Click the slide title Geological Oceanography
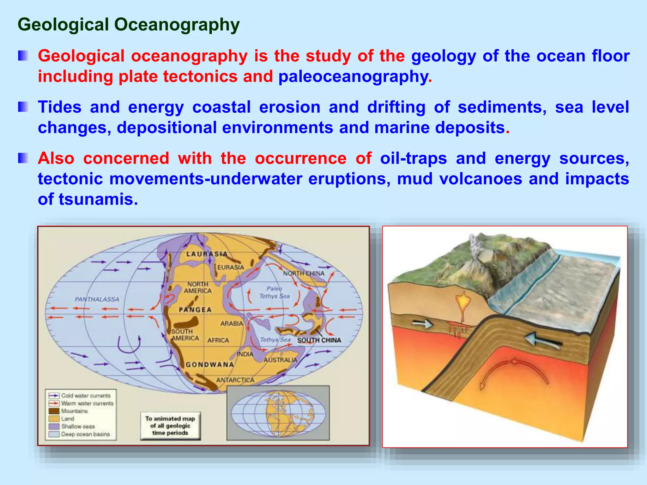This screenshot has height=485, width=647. click(x=129, y=25)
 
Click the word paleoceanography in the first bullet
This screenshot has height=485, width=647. click(x=353, y=77)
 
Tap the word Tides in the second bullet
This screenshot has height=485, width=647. click(x=60, y=107)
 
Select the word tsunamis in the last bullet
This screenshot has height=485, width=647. click(x=98, y=199)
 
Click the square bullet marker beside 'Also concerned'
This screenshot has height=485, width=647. click(x=23, y=158)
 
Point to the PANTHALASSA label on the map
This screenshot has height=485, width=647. click(x=97, y=299)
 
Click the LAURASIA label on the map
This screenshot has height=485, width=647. click(x=207, y=254)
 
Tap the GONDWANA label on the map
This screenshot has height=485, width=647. click(x=210, y=365)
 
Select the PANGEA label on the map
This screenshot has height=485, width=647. click(x=195, y=310)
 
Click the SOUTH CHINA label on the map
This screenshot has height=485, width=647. click(x=319, y=340)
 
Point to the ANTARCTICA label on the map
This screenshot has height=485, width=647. click(x=235, y=380)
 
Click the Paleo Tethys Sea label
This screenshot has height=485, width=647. click(x=274, y=292)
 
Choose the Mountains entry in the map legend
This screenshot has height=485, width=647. click(x=74, y=411)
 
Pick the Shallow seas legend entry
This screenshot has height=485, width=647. click(x=78, y=426)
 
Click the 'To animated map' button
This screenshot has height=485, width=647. click(x=170, y=426)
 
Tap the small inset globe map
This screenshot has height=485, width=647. click(x=278, y=413)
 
